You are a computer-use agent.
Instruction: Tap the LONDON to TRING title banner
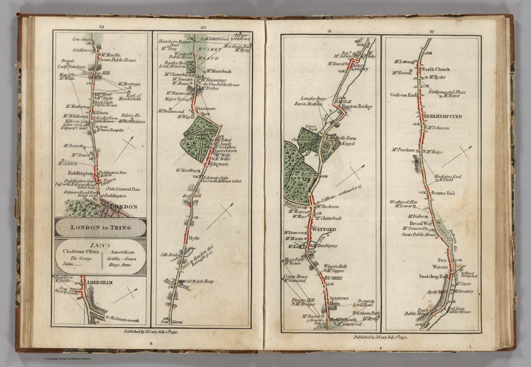[x=101, y=227]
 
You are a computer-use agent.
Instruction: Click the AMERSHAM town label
[x=100, y=283]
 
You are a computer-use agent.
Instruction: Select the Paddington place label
[x=80, y=174]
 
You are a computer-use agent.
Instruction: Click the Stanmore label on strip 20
[x=206, y=109]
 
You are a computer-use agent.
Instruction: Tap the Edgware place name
[x=220, y=165]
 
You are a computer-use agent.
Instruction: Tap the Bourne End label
[x=443, y=193]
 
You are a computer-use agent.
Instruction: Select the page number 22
[x=431, y=31]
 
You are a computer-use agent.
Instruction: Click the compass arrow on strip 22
[x=457, y=156]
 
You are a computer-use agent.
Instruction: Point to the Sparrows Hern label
[x=339, y=301]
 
